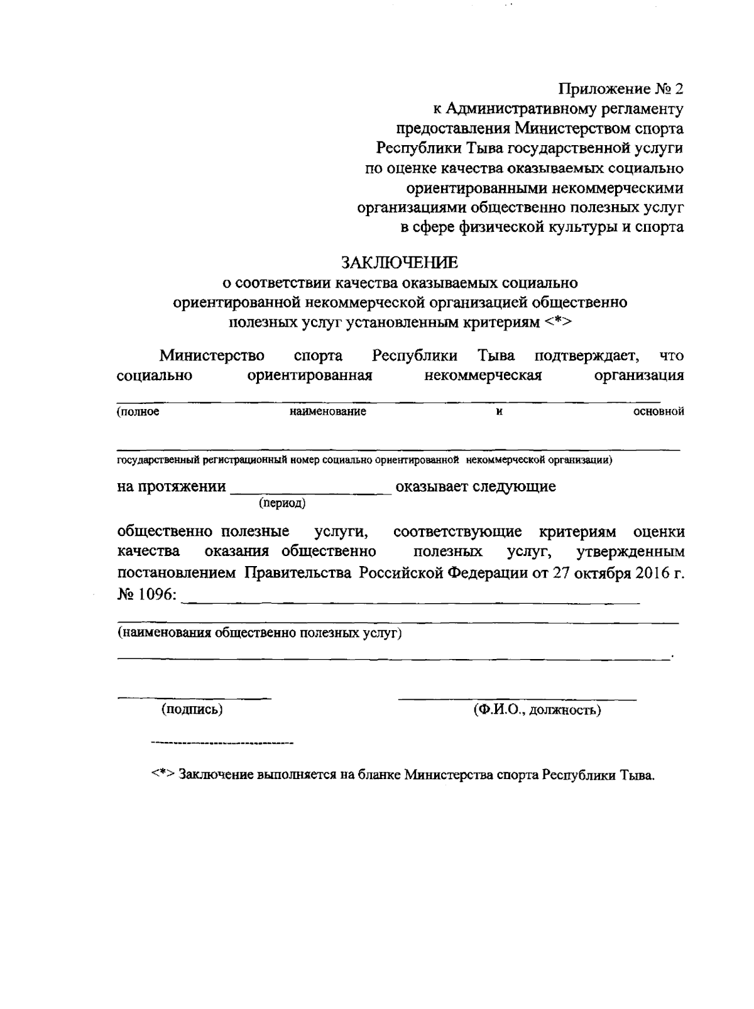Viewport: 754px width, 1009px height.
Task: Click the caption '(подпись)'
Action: pyautogui.click(x=192, y=710)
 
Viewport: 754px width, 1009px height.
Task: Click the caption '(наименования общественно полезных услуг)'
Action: pyautogui.click(x=260, y=633)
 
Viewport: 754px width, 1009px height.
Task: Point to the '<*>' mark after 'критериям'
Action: pyautogui.click(x=559, y=323)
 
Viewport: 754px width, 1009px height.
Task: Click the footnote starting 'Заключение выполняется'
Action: pyautogui.click(x=416, y=775)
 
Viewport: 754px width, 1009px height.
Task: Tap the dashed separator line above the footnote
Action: pyautogui.click(x=222, y=744)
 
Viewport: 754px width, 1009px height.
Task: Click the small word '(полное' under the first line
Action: pyautogui.click(x=138, y=412)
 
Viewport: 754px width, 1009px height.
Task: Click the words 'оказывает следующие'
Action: pyautogui.click(x=476, y=487)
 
